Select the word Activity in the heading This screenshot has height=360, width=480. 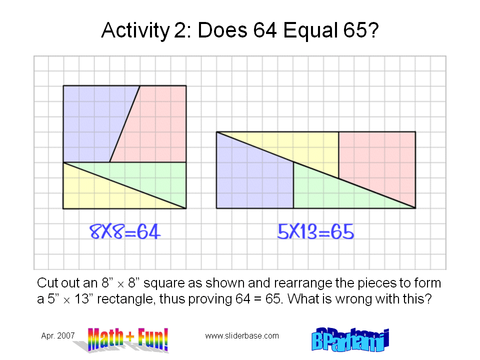[x=133, y=31]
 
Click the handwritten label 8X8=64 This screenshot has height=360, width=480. [x=125, y=231]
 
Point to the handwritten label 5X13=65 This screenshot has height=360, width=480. [x=315, y=231]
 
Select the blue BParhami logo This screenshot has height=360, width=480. [x=349, y=340]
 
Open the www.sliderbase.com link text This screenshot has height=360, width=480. [x=242, y=336]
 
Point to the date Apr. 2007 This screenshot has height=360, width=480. [x=57, y=336]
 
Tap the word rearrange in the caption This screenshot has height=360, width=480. [x=282, y=283]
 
